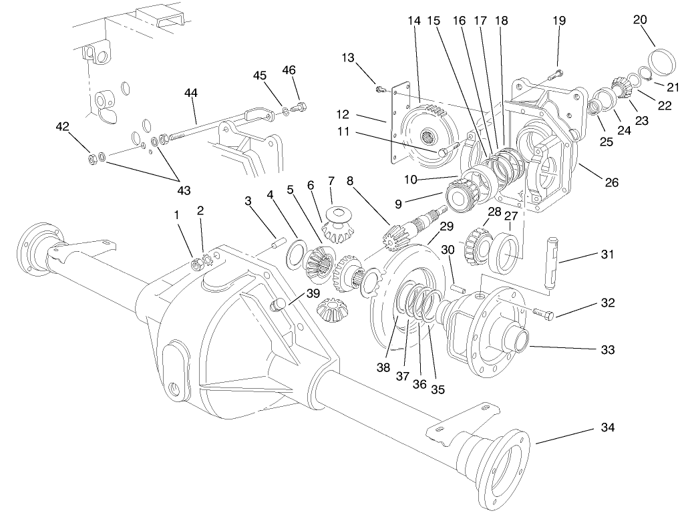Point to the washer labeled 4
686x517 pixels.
pos(294,255)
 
